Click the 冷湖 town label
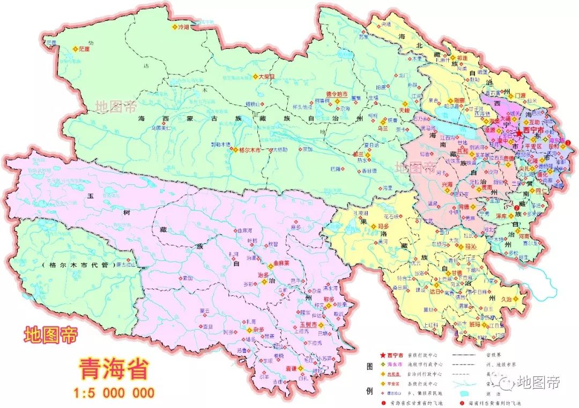(184, 26)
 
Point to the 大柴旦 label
(266, 77)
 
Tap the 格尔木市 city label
(250, 150)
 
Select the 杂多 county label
(258, 330)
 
